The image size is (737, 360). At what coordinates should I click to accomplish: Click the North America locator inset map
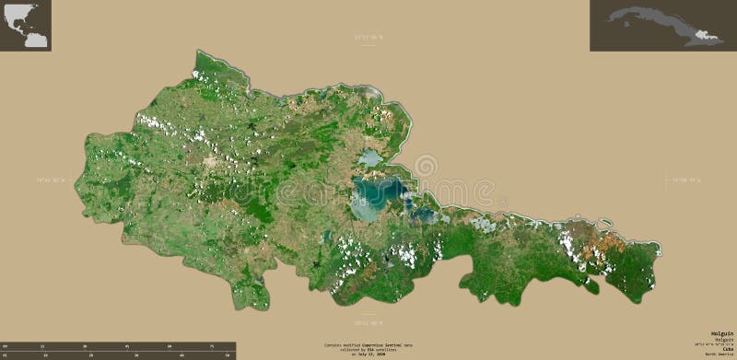coord(26,26)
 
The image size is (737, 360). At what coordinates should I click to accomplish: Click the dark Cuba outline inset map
coord(662,26)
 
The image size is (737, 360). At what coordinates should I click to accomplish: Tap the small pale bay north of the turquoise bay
coord(370,159)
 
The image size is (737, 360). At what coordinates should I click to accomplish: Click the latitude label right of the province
coord(685,180)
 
